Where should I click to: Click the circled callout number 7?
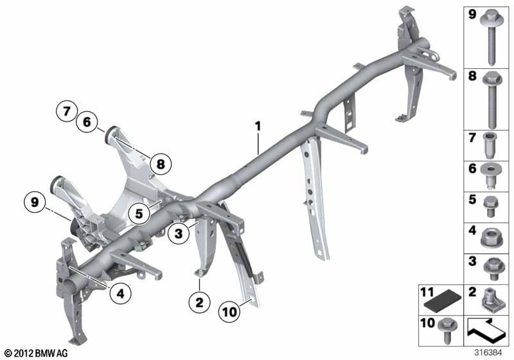pos(67,111)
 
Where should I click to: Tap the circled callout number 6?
pos(87,122)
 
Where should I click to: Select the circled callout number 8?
pos(161,164)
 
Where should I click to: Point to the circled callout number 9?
pos(35,202)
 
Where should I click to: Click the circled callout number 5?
pos(139,214)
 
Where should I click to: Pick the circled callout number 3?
pos(179,234)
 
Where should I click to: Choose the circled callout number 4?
pos(121,293)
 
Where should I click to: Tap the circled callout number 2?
pos(199,302)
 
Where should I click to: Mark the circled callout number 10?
pos(229,312)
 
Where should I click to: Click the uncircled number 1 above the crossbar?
pos(258,126)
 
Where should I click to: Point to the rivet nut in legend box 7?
pos(490,145)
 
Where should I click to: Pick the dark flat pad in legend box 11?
pos(443,303)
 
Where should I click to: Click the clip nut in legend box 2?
pos(492,299)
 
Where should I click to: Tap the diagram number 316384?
pos(488,353)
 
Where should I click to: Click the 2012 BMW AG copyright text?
pos(36,353)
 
